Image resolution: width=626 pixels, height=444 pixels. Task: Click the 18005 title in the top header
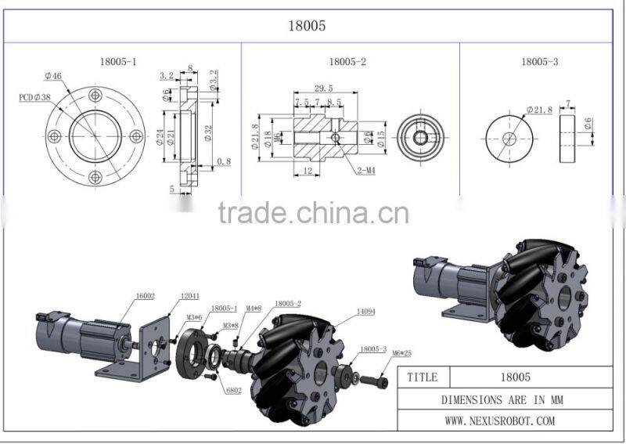point(307,26)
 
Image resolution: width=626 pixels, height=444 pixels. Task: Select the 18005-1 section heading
point(119,60)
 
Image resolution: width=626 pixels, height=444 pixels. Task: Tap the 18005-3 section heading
point(539,60)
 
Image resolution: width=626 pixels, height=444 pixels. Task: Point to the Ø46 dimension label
point(54,76)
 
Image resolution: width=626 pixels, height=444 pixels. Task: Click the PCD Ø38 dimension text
point(35,98)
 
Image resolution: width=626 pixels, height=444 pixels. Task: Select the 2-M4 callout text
point(364,169)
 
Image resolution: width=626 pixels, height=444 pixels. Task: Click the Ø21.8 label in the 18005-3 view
point(539,110)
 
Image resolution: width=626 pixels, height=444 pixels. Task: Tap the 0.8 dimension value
point(223,161)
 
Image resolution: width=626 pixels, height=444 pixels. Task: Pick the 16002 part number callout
point(146,295)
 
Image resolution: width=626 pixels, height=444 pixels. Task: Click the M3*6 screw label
point(195,316)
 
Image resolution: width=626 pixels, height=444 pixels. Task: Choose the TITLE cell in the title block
point(422,377)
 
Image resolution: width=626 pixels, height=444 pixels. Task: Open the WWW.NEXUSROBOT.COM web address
point(500,421)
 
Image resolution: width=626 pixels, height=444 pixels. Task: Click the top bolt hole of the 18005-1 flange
point(95,96)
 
